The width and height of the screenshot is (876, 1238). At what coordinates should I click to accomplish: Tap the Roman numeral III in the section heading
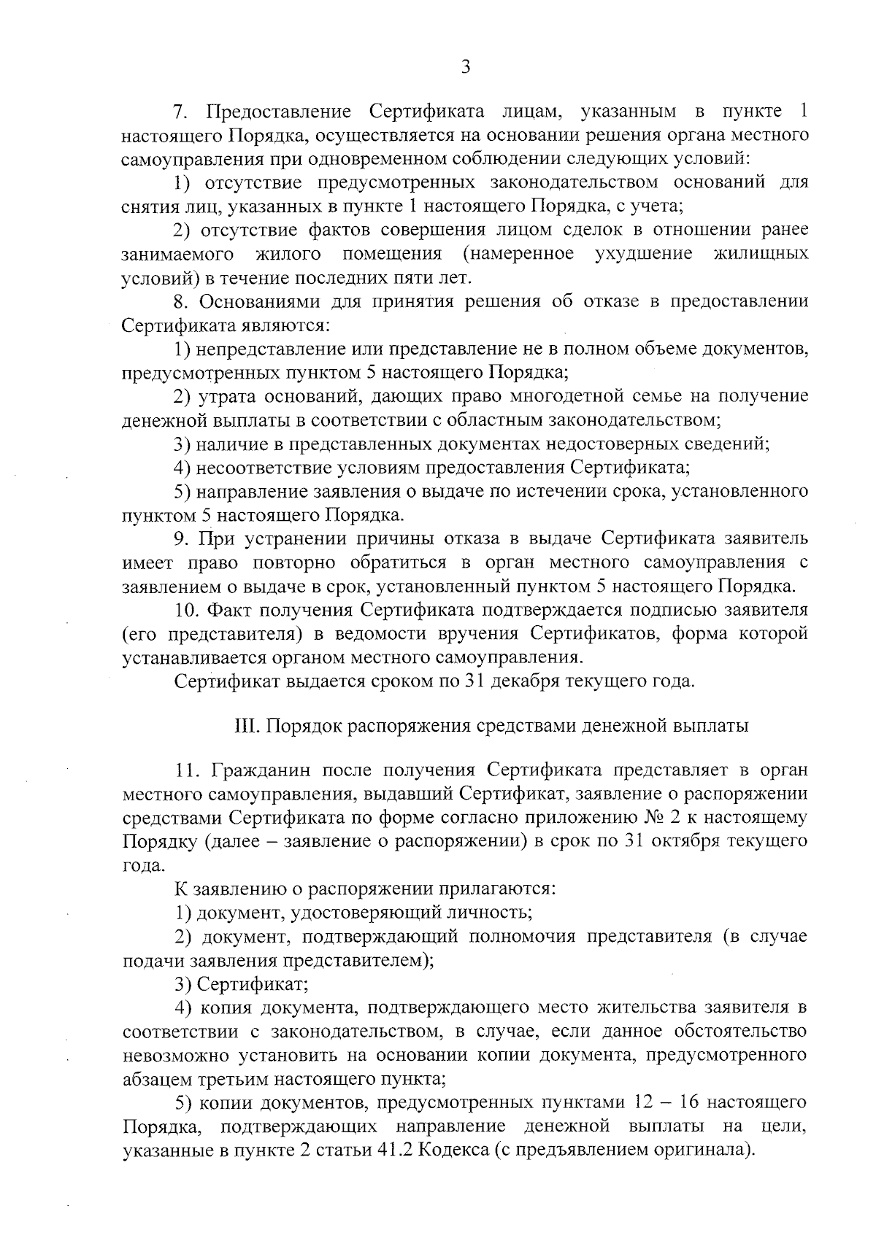click(x=244, y=726)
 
